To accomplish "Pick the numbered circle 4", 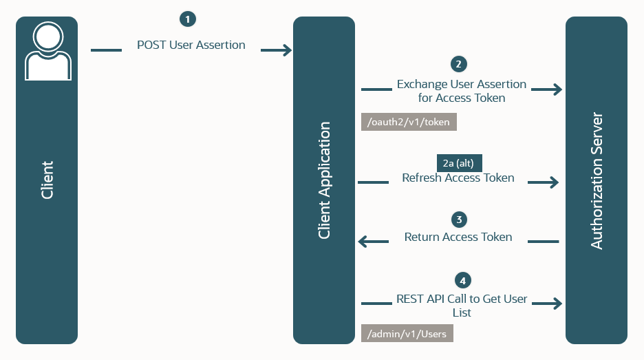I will (x=464, y=280).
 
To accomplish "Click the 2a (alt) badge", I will (x=460, y=163).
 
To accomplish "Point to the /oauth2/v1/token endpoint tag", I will (x=409, y=123).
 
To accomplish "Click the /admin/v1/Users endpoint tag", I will (x=407, y=334).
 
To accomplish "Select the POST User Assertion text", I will (x=191, y=45).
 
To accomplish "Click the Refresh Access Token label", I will (x=458, y=178).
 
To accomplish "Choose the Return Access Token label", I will (x=458, y=237).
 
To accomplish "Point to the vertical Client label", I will (x=47, y=180).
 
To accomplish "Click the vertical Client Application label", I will (x=324, y=180).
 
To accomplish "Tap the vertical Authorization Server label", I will (x=597, y=180).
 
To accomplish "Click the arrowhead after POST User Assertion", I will (x=286, y=50).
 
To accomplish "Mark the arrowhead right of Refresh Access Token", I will (x=552, y=182).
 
